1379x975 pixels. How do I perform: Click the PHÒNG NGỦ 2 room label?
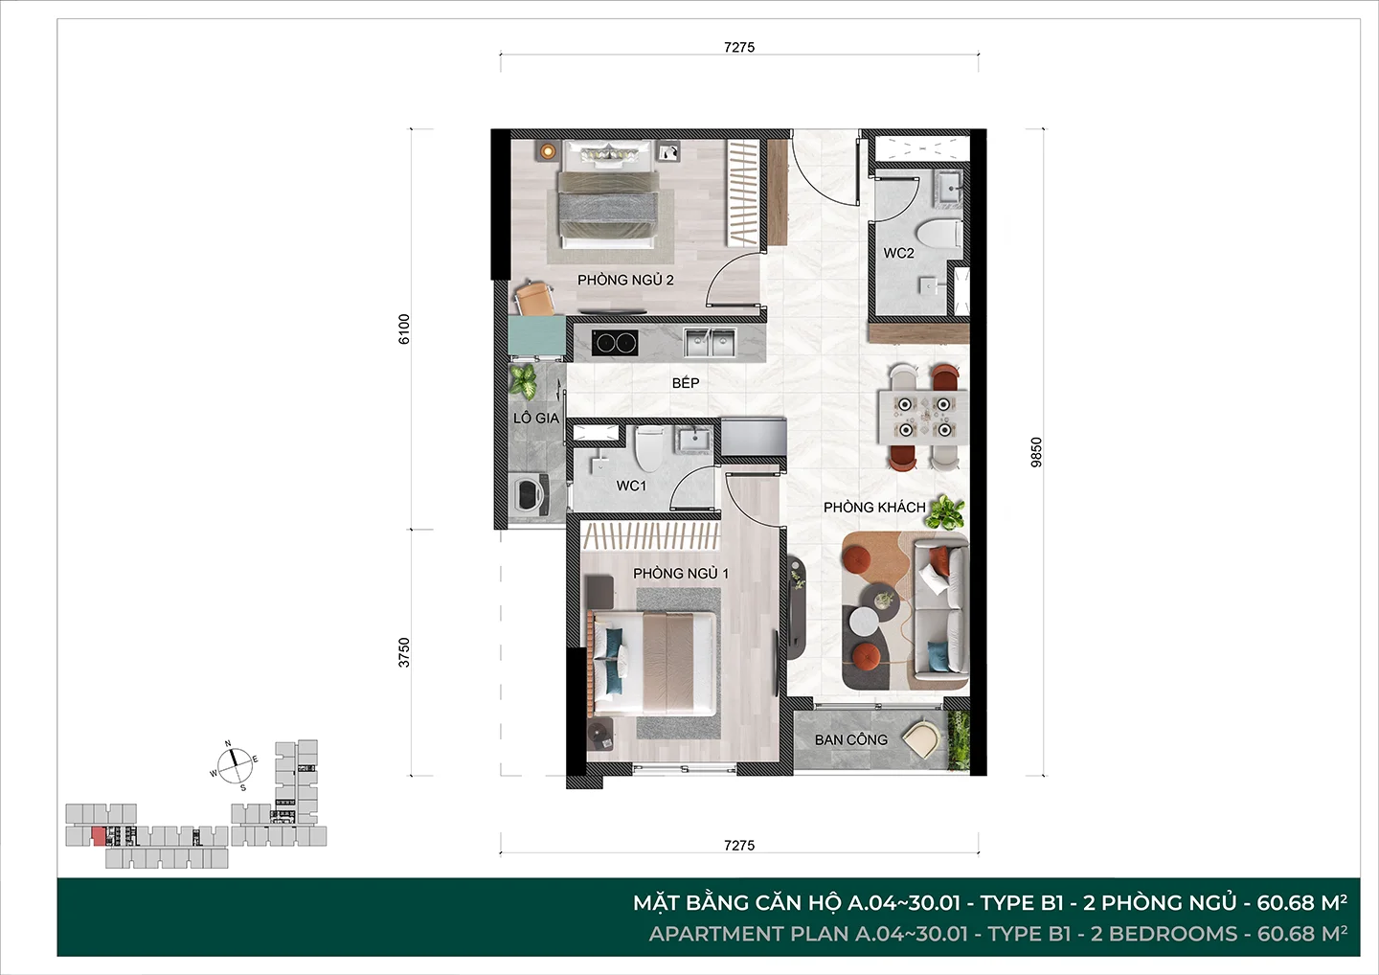pyautogui.click(x=625, y=280)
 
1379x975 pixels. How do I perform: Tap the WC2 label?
pyautogui.click(x=899, y=253)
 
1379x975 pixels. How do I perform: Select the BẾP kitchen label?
pyautogui.click(x=686, y=383)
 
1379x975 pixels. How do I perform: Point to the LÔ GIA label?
pyautogui.click(x=536, y=418)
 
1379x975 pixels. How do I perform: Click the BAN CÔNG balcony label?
pyautogui.click(x=851, y=739)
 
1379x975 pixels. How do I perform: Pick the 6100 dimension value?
pyautogui.click(x=404, y=329)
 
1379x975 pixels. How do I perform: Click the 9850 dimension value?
pyautogui.click(x=1037, y=452)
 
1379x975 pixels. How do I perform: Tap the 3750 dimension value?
pyautogui.click(x=404, y=652)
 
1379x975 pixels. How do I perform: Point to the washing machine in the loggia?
pyautogui.click(x=528, y=493)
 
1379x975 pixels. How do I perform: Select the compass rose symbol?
pyautogui.click(x=235, y=765)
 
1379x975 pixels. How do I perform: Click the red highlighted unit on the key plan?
pyautogui.click(x=98, y=836)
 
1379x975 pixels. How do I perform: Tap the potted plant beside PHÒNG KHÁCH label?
pyautogui.click(x=945, y=512)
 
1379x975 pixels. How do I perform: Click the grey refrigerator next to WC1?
pyautogui.click(x=754, y=437)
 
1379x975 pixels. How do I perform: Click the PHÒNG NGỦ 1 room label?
pyautogui.click(x=681, y=574)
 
